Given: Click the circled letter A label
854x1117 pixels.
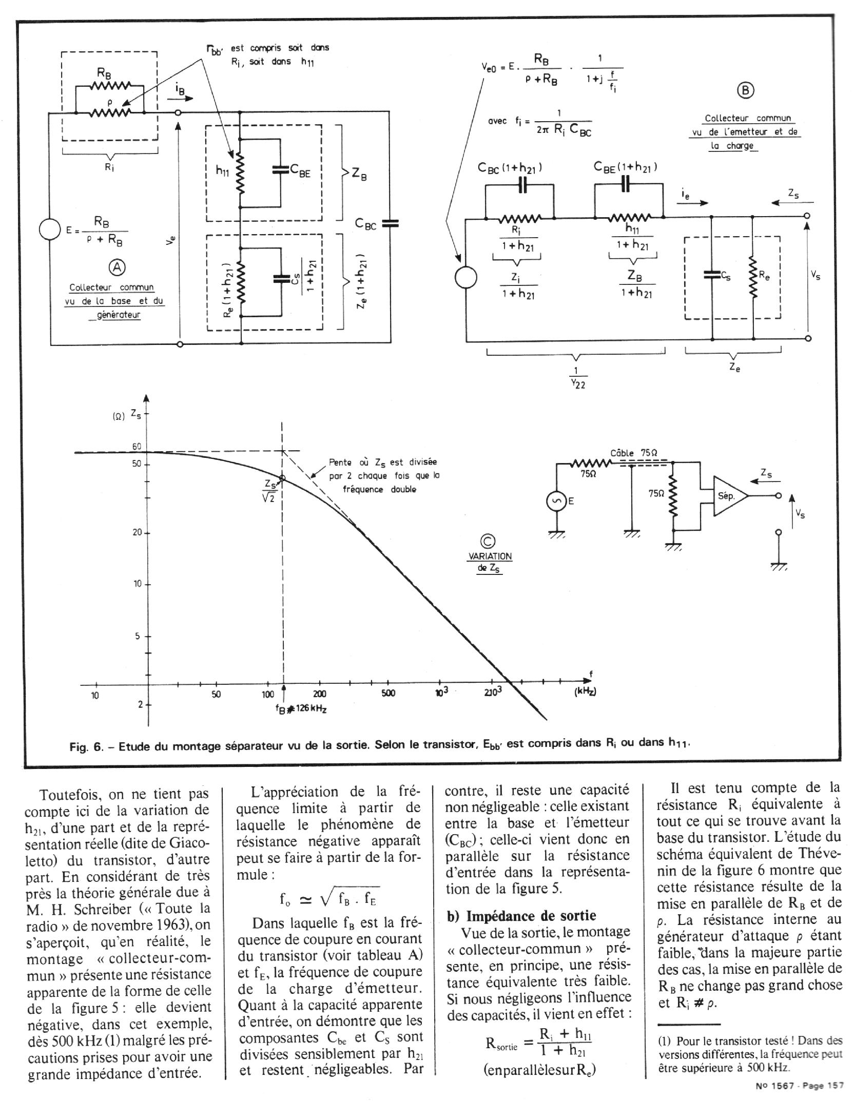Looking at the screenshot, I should [x=118, y=266].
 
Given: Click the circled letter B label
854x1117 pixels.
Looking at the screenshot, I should [x=746, y=90].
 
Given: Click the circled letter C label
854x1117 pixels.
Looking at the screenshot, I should [x=487, y=542].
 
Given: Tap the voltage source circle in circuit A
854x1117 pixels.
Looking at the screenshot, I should [x=50, y=229].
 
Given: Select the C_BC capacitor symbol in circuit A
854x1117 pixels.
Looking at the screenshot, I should [x=390, y=223].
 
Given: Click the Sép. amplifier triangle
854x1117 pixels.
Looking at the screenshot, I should [x=728, y=496].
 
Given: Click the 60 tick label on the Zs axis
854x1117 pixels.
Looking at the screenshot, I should [x=137, y=447].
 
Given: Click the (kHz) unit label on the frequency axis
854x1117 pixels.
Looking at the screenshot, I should [x=585, y=691].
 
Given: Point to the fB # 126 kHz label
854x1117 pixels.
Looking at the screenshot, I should [x=302, y=709].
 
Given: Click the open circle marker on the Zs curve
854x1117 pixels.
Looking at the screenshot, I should [x=282, y=478].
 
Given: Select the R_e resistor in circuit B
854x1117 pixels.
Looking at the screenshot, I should [x=752, y=277].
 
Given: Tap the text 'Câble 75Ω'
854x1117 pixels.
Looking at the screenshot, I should [x=634, y=453].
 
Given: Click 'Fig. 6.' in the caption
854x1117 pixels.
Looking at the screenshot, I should [x=86, y=746].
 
